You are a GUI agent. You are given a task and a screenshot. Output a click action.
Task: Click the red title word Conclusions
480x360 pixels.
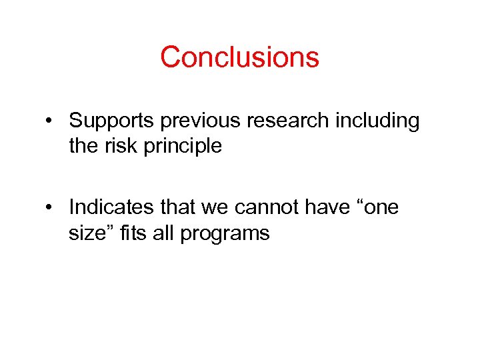[x=239, y=57]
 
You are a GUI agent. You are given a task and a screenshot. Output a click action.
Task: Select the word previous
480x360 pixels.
[x=190, y=121]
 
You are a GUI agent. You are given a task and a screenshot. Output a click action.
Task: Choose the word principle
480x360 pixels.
[x=180, y=146]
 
